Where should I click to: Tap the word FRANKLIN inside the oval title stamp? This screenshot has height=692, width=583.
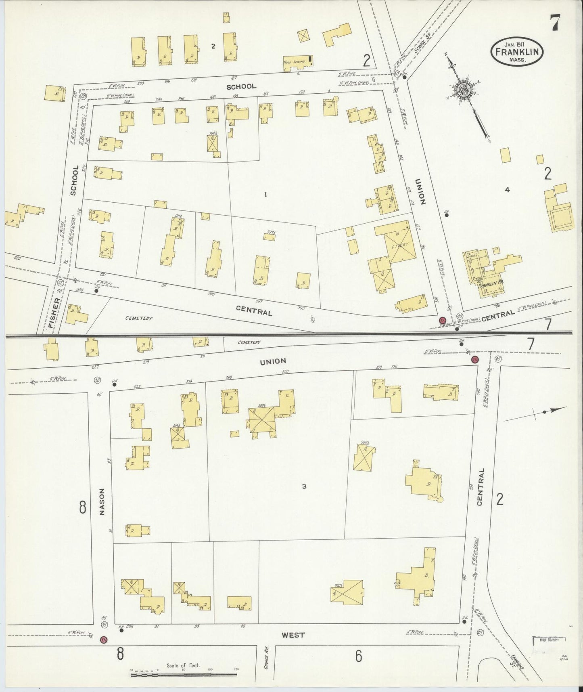(x=517, y=52)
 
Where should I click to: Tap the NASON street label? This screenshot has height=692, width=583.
(x=102, y=502)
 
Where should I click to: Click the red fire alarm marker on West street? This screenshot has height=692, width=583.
(x=104, y=640)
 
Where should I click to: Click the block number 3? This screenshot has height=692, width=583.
(x=304, y=486)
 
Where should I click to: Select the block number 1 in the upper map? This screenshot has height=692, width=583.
(x=265, y=195)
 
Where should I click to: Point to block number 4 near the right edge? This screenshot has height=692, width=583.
(x=507, y=190)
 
